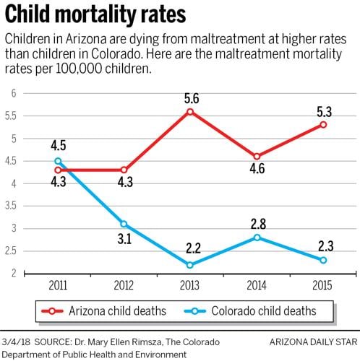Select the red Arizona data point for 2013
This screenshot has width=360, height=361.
point(190,111)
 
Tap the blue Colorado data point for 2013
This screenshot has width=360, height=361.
point(190,265)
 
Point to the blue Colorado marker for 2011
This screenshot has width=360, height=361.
point(58,161)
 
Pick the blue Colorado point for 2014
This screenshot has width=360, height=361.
point(257,238)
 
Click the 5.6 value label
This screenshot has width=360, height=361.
point(190,97)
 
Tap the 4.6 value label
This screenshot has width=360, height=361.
point(257,172)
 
